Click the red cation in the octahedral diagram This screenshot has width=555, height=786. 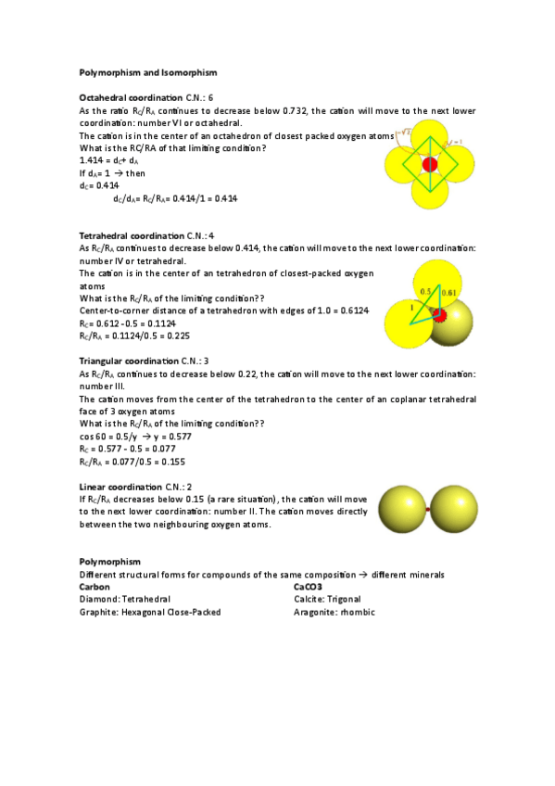429,164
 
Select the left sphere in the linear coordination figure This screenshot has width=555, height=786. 402,510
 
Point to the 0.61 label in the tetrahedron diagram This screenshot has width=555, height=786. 448,293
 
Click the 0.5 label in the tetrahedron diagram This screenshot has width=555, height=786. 425,291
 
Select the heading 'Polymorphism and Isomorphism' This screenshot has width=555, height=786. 148,72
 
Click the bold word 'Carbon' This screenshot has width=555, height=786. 95,587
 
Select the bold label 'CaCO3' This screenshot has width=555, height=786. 308,587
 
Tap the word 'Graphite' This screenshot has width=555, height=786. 100,612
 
